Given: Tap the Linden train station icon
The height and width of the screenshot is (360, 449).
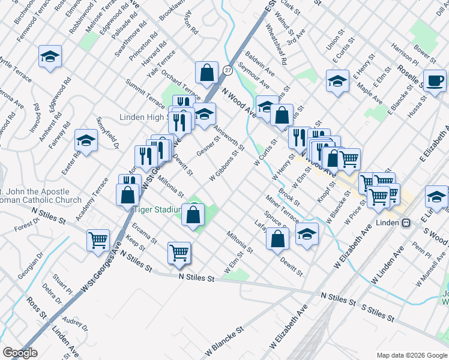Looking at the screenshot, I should pyautogui.click(x=406, y=223).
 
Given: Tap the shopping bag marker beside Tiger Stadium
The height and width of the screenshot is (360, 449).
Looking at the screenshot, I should pyautogui.click(x=193, y=215).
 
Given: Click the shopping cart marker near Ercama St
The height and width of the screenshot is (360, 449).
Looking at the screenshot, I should pyautogui.click(x=179, y=253).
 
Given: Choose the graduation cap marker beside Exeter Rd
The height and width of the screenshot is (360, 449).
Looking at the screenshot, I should pyautogui.click(x=86, y=141).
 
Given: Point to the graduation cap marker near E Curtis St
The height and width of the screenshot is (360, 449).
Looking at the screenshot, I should pyautogui.click(x=337, y=80).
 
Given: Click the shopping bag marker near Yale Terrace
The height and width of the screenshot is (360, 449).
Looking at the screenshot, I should pyautogui.click(x=206, y=73).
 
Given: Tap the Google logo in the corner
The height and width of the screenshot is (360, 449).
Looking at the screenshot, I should pyautogui.click(x=20, y=352).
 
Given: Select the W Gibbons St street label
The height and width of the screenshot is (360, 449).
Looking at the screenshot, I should pyautogui.click(x=224, y=165).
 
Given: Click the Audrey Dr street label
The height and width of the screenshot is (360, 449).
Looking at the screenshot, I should pyautogui.click(x=75, y=325).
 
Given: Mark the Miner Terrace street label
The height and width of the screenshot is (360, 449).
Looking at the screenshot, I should pyautogui.click(x=282, y=207).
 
